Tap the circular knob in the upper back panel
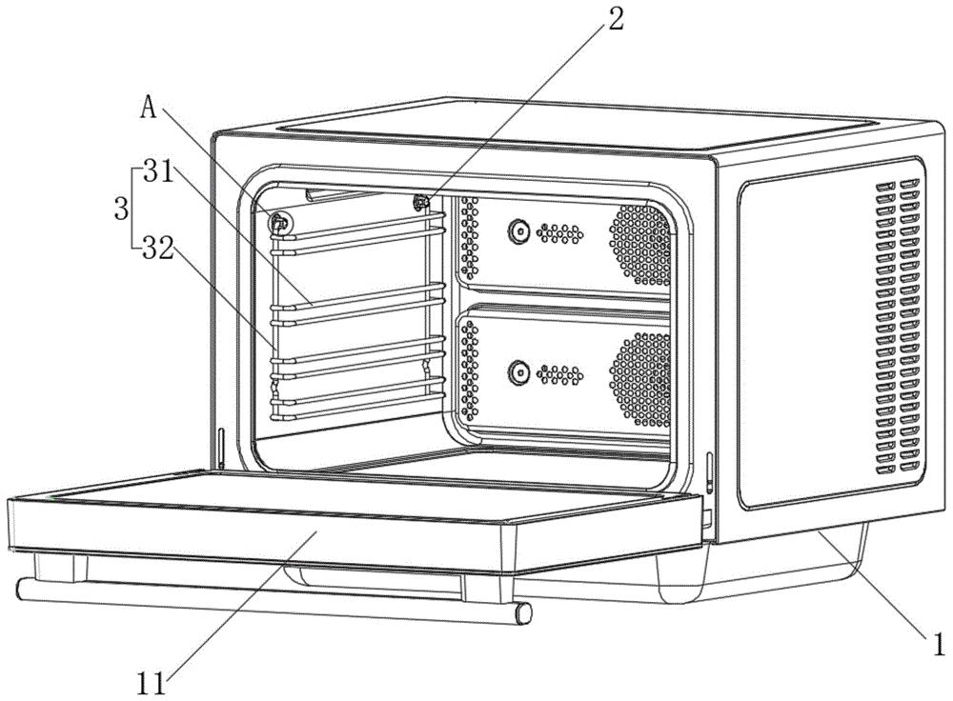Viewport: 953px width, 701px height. tap(518, 230)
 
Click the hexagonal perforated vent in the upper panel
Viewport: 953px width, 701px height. tap(639, 244)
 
